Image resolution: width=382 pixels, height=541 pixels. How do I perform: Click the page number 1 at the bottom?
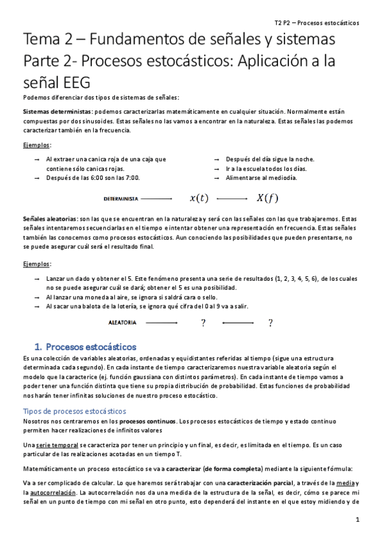coord(358,519)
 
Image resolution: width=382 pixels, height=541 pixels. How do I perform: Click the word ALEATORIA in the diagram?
coord(122,323)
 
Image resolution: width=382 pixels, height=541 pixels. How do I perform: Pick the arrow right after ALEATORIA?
coord(160,323)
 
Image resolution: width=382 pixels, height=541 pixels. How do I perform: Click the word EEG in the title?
coord(62,83)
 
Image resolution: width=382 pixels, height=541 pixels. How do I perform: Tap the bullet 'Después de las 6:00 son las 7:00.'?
coord(93,178)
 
